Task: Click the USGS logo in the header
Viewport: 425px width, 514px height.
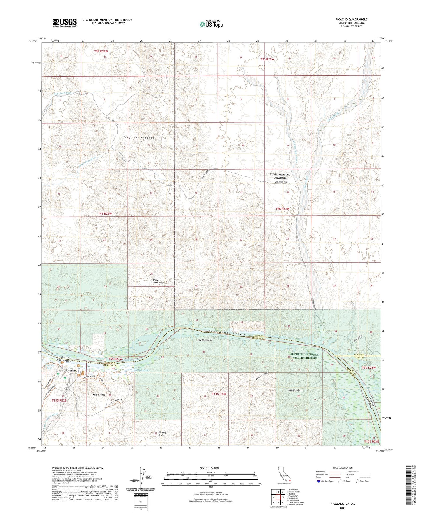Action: tap(64, 23)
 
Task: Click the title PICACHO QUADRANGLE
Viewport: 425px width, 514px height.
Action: tap(351, 19)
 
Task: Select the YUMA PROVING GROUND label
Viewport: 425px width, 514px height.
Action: tap(280, 176)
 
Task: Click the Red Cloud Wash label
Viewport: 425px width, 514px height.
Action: tap(62, 93)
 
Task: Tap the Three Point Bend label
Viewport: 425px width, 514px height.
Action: tap(158, 281)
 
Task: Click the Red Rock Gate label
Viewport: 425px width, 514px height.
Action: tap(205, 340)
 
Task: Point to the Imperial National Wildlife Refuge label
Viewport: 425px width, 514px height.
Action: tap(304, 356)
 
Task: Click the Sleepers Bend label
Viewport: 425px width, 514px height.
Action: tap(295, 390)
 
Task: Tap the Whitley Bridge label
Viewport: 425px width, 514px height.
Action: tap(162, 433)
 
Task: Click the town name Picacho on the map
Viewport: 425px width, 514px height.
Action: tap(71, 370)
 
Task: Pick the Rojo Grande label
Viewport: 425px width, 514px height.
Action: tap(99, 395)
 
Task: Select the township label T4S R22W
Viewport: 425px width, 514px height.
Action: tap(282, 209)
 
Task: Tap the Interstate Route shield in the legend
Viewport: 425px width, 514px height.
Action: tap(319, 481)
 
